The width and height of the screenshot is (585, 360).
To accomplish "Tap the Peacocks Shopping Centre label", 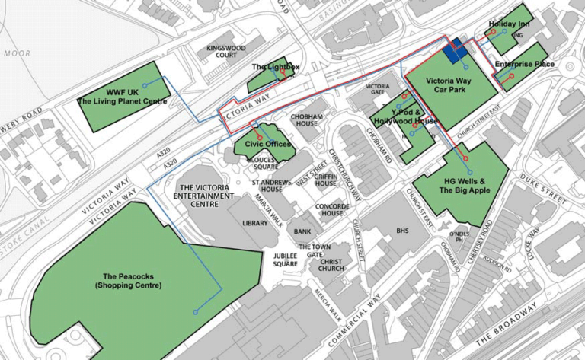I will tap(128, 280).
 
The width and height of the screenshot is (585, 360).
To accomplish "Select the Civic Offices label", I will tap(263, 144).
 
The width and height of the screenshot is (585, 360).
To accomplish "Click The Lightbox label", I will tap(276, 68).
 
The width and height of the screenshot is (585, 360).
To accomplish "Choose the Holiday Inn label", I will tap(508, 25).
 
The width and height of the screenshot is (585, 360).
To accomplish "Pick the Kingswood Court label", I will tap(226, 51).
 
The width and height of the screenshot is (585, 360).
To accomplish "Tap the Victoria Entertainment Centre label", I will tap(205, 196).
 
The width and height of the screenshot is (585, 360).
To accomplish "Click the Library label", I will tap(255, 223).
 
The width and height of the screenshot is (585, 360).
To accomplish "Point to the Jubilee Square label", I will tap(285, 260).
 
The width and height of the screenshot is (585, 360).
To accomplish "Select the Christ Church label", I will tap(331, 264).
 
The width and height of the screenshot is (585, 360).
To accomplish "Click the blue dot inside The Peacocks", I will tap(196, 312).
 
